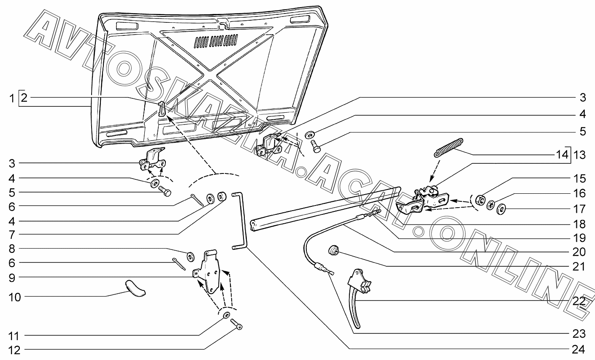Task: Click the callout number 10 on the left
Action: (x=14, y=297)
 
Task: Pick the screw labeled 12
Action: (x=237, y=324)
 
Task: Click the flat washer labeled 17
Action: (x=502, y=208)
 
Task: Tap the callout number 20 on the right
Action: (x=579, y=252)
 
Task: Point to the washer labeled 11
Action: (x=227, y=315)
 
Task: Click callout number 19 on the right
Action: (x=579, y=237)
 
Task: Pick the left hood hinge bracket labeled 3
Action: (x=152, y=160)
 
